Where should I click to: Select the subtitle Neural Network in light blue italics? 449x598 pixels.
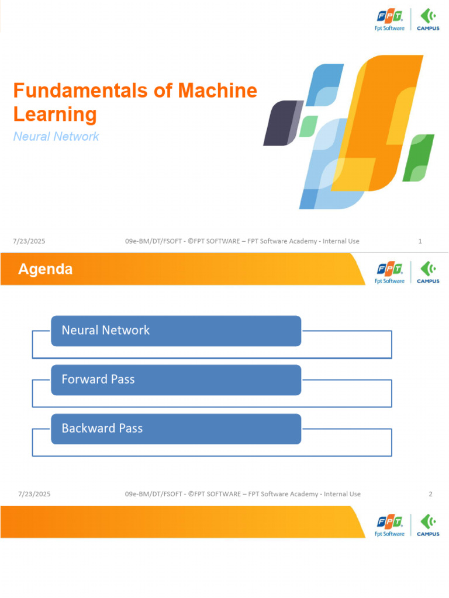56,137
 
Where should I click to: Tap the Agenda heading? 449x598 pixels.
46,269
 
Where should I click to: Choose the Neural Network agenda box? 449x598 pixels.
176,331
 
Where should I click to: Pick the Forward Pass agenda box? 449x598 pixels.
176,380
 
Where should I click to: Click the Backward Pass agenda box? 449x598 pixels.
176,429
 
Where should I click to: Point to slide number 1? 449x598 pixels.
420,241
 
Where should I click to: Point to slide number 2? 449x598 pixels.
430,494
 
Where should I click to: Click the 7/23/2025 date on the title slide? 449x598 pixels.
29,241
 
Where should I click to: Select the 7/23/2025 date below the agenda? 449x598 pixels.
34,494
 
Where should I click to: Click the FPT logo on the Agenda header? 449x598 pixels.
389,272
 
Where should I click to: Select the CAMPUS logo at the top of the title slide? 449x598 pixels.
428,19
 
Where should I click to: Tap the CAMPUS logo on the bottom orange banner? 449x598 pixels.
428,525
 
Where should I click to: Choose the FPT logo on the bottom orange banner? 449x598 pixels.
389,525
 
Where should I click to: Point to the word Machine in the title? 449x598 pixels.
218,91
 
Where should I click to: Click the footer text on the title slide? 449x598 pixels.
242,241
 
